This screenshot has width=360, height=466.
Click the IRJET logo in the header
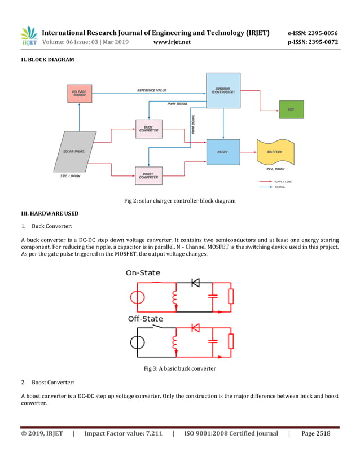click(x=29, y=36)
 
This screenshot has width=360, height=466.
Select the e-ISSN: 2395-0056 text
click(x=313, y=33)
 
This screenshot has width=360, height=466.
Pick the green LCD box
click(x=291, y=109)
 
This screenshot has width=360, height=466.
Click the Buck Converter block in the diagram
click(x=148, y=129)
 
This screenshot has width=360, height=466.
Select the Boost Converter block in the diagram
click(x=148, y=175)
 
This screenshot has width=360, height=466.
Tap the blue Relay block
click(x=223, y=152)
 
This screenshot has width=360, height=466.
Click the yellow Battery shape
click(x=275, y=152)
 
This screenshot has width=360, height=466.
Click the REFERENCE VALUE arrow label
click(x=152, y=90)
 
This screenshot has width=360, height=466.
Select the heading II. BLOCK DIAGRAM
click(x=47, y=59)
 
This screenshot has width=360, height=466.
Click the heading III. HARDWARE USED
click(x=50, y=214)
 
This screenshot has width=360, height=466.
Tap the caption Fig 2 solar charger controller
click(x=179, y=201)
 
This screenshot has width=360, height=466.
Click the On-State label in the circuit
click(x=143, y=272)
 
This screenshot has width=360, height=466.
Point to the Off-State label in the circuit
click(x=145, y=319)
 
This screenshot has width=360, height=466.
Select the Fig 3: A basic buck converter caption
click(x=179, y=368)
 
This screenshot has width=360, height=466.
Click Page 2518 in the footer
click(x=316, y=433)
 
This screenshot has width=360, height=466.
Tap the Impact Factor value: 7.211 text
click(x=123, y=433)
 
